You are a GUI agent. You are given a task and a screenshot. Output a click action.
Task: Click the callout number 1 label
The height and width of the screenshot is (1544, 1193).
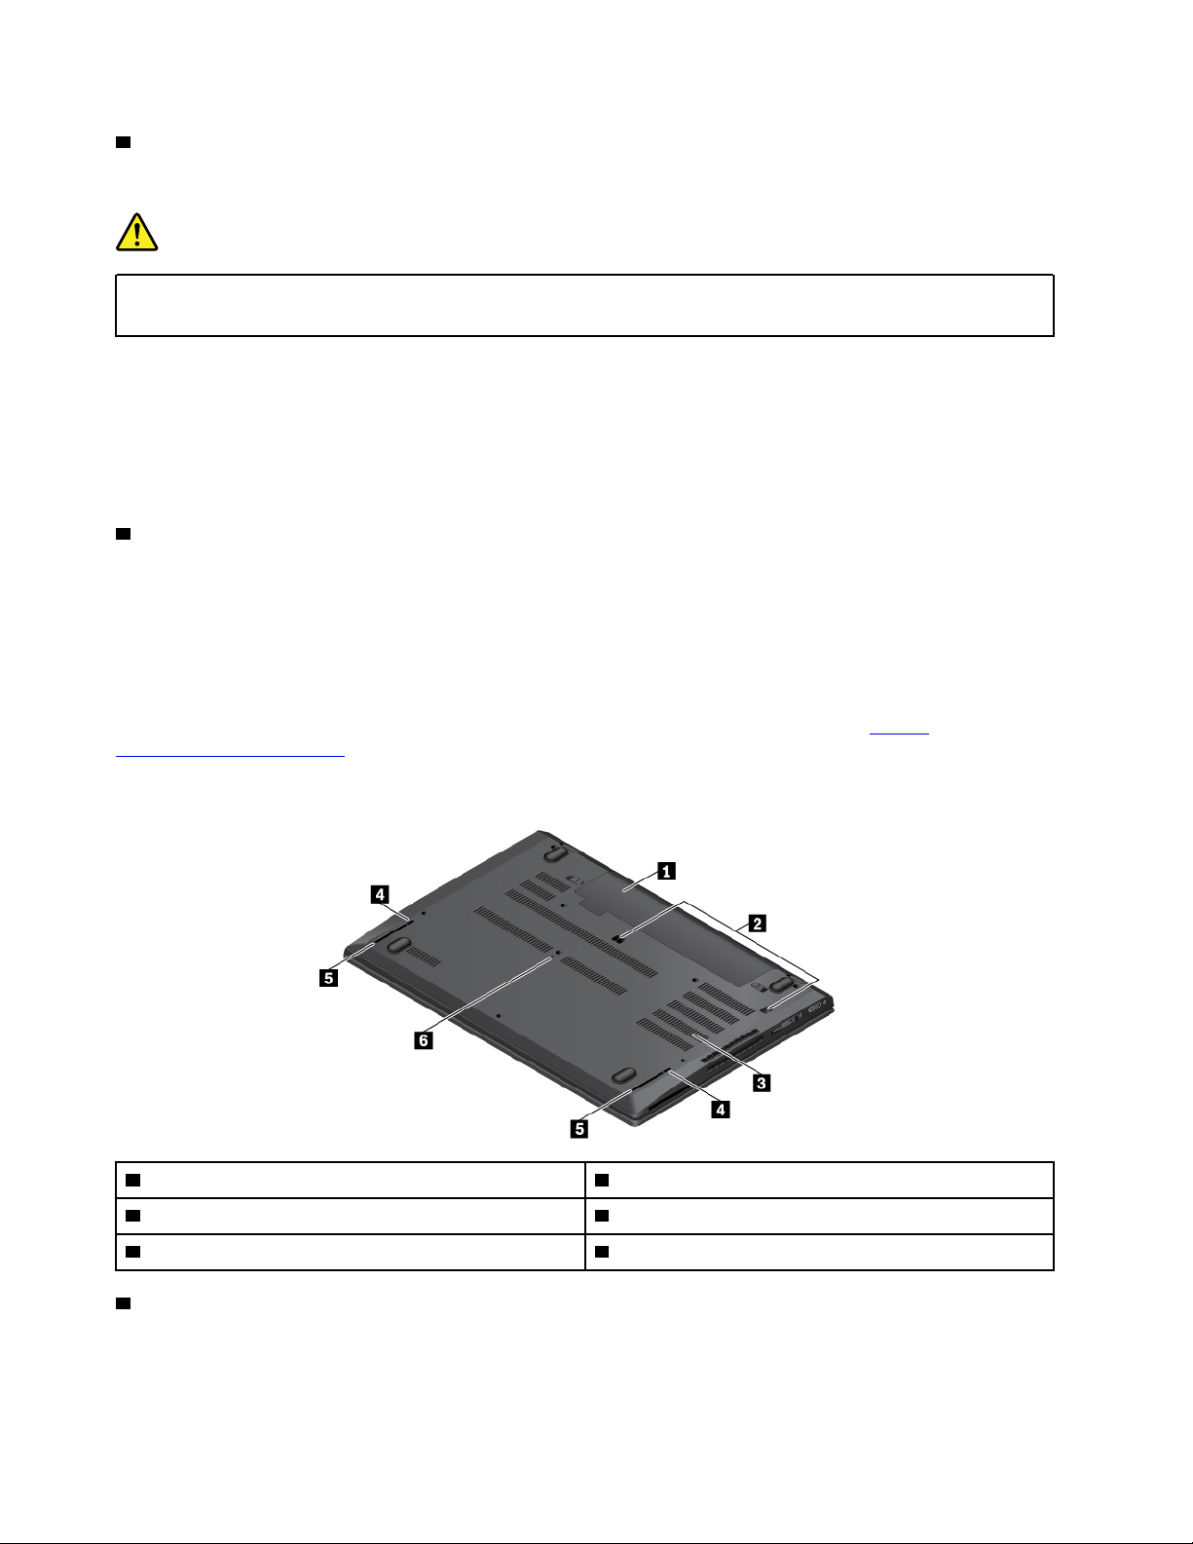coord(666,871)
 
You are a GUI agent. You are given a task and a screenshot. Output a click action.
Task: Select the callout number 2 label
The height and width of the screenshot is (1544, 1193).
coord(757,923)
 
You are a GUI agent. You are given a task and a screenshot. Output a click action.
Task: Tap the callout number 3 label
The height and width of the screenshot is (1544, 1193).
coord(762,1083)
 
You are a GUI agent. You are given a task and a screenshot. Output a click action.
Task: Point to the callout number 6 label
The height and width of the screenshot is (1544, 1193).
coord(424,1041)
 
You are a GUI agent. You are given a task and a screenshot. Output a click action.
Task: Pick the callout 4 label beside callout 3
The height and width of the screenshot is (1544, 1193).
coord(721,1110)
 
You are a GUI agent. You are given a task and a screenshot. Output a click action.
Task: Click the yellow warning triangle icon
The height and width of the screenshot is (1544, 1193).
coord(137,233)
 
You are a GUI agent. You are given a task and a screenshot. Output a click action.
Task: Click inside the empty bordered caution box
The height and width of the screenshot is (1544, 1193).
coord(584,306)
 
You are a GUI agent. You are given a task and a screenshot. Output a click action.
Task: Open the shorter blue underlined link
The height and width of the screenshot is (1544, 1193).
coord(899,733)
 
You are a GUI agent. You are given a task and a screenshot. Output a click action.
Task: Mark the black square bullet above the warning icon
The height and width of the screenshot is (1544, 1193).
coord(123,142)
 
